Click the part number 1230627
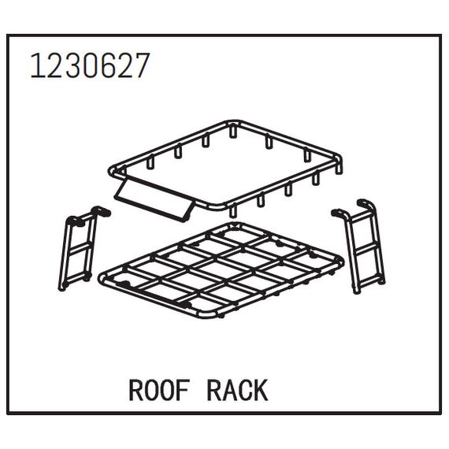(90, 65)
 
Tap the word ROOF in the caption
(159, 390)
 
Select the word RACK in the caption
(237, 390)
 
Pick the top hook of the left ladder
(101, 211)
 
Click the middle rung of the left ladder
(81, 247)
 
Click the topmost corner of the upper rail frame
(234, 122)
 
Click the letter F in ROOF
(183, 390)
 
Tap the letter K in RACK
(261, 390)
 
